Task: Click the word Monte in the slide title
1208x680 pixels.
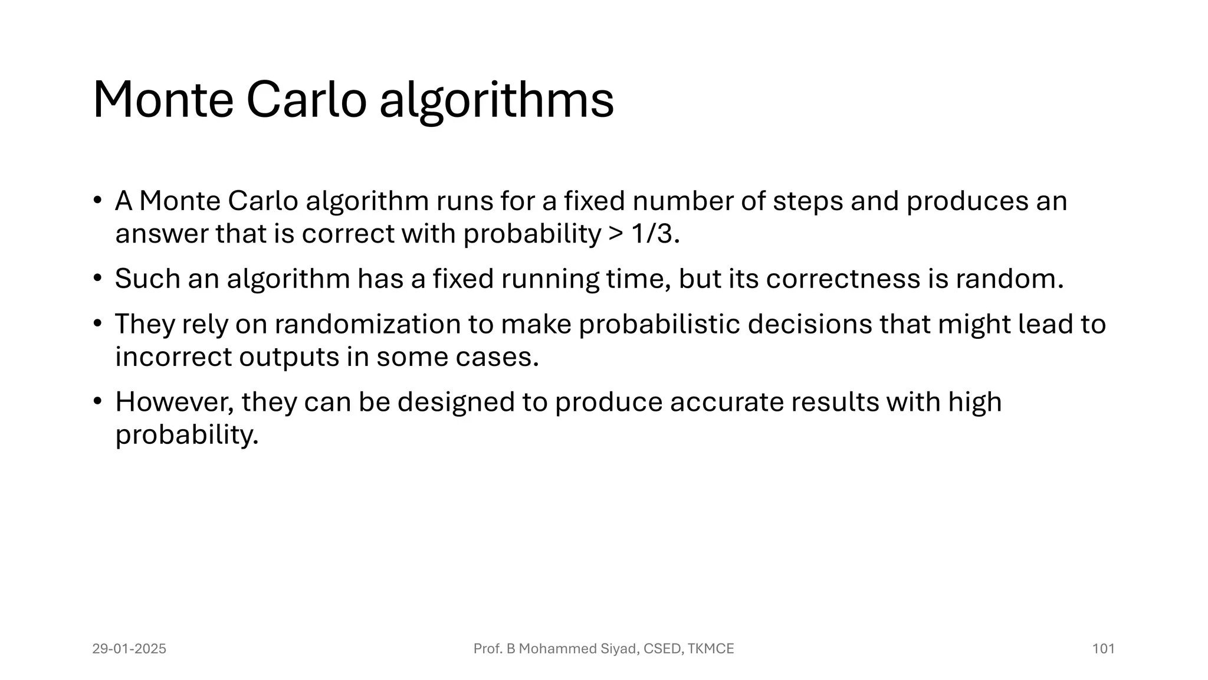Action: [x=163, y=100]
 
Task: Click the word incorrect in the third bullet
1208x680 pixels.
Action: [x=173, y=357]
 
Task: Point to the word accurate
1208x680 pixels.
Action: [x=726, y=403]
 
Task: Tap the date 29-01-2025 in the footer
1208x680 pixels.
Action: [x=129, y=649]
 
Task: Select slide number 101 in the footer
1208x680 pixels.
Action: [x=1103, y=649]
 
